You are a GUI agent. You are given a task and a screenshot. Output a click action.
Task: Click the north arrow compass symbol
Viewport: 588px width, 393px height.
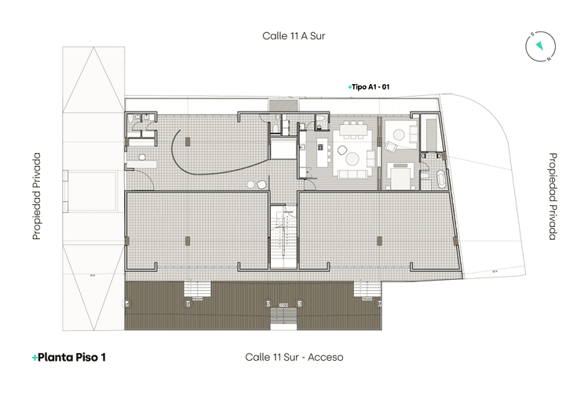(539, 46)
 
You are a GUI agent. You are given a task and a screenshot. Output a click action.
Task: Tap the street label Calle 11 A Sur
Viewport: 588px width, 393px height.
(294, 35)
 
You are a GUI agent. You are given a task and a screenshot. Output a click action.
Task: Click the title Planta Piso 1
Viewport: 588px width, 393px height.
(69, 357)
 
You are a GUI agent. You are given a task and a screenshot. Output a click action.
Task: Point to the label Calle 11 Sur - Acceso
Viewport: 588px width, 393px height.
(294, 357)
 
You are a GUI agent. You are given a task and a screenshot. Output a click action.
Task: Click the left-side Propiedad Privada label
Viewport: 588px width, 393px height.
(36, 196)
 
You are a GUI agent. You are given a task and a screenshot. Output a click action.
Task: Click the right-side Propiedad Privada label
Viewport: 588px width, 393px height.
(552, 196)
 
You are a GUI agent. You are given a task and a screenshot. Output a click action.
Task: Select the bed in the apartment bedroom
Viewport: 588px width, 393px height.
(400, 174)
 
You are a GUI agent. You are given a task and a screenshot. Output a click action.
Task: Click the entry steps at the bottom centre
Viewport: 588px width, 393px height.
(283, 318)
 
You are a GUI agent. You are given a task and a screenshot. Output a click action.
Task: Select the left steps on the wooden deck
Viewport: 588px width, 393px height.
(198, 288)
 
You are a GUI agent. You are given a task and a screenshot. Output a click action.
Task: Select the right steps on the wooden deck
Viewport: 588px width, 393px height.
(369, 288)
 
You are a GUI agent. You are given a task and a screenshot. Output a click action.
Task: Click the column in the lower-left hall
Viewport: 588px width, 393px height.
(187, 240)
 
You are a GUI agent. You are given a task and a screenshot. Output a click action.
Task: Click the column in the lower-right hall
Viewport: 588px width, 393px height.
(378, 240)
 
